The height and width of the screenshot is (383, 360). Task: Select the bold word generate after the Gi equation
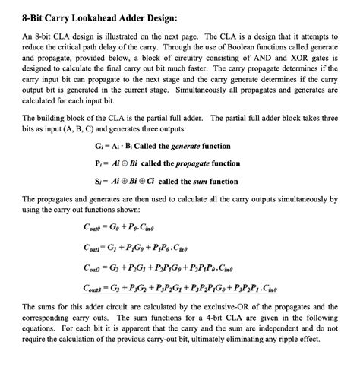(165, 147)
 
